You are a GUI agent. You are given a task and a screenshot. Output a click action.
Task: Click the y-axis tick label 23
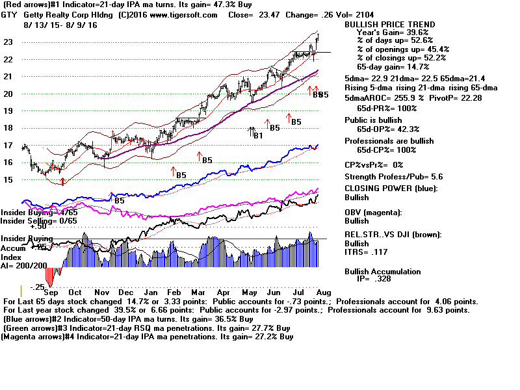pos(8,42)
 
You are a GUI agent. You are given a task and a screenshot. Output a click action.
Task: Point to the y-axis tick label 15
pos(8,180)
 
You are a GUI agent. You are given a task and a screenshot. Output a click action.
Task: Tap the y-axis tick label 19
pos(8,111)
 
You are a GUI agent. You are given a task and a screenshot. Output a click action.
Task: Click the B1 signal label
pos(257,135)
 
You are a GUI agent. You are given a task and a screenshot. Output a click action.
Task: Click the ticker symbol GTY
pos(10,15)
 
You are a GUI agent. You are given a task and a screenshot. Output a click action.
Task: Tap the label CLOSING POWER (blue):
pos(391,188)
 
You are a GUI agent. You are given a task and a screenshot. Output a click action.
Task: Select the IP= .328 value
pos(378,279)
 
